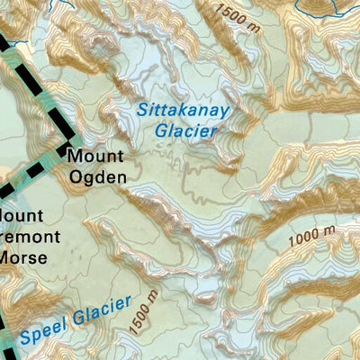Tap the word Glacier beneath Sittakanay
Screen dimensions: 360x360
click(185, 130)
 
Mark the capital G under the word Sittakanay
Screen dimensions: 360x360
click(160, 130)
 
